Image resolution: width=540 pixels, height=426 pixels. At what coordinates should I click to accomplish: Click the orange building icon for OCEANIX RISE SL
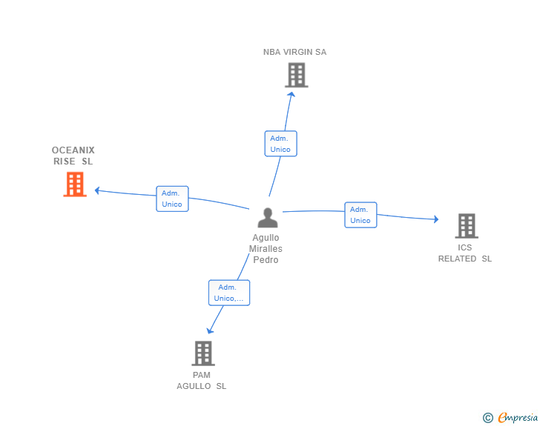(75, 184)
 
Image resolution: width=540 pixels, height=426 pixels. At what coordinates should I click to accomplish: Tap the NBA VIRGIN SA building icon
(297, 75)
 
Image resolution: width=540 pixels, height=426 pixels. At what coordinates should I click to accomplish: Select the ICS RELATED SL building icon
(467, 226)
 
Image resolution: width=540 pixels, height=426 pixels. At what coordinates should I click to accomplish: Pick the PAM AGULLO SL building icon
(203, 353)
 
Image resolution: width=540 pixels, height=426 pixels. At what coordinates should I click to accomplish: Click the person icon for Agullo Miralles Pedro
(268, 218)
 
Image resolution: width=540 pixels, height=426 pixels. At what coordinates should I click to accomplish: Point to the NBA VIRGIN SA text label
(294, 52)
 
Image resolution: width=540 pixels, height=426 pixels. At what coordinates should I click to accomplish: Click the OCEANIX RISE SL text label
(73, 156)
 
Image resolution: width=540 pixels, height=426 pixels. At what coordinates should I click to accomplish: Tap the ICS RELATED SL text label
(464, 253)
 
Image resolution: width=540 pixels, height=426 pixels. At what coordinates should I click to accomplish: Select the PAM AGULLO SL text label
(202, 381)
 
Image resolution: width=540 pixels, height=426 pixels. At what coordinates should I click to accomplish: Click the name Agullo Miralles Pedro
(266, 248)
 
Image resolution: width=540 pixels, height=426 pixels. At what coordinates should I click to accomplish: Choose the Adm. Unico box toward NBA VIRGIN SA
(280, 144)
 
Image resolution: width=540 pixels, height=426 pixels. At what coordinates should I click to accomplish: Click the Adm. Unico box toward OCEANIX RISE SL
(172, 199)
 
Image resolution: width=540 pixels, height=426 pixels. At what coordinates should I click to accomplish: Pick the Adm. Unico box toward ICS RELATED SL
(360, 215)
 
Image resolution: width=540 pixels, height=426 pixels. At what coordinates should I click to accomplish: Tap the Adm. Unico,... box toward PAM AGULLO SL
(229, 293)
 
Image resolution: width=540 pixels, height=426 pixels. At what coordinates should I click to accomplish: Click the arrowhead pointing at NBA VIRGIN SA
(292, 95)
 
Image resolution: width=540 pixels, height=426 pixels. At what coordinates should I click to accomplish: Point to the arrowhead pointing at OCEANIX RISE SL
(97, 190)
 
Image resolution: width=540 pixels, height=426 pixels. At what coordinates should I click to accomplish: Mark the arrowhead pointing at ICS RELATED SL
(436, 219)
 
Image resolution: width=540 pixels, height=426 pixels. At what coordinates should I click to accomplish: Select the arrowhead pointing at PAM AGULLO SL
(209, 330)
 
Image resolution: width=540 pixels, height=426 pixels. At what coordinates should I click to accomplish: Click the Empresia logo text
(518, 417)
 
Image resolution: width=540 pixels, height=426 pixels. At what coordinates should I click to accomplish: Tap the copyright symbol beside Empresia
(488, 418)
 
